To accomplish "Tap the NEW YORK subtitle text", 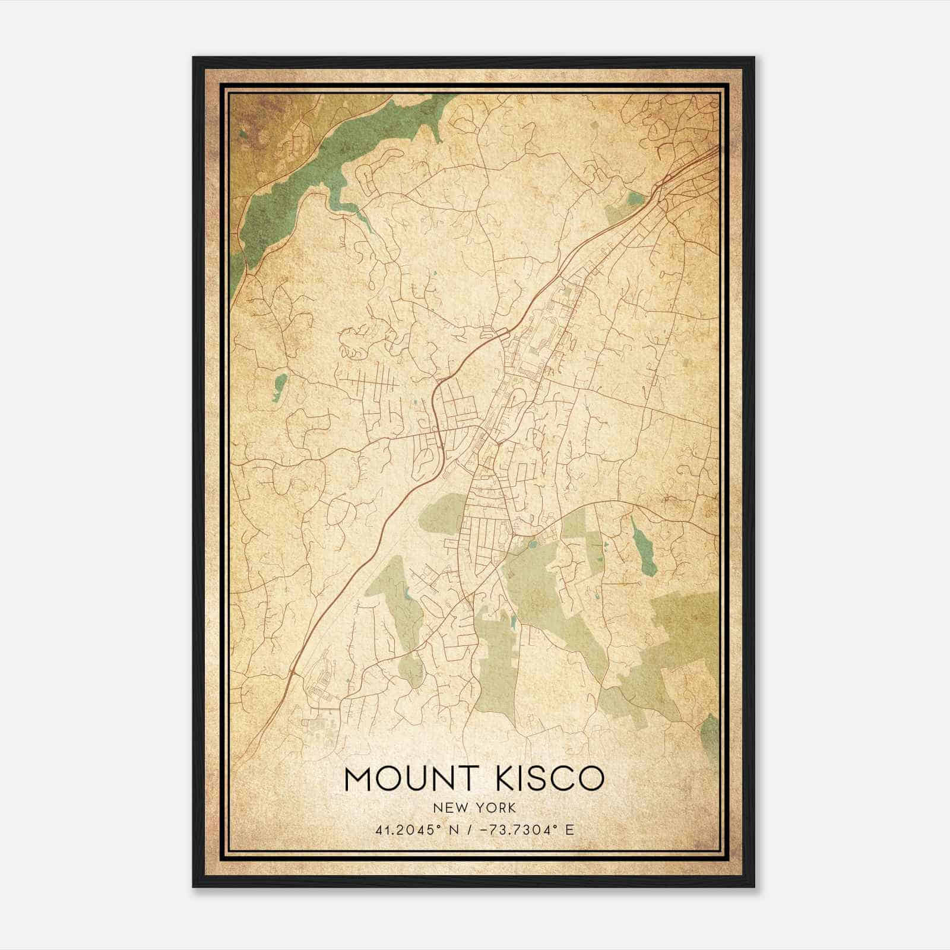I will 474,807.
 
